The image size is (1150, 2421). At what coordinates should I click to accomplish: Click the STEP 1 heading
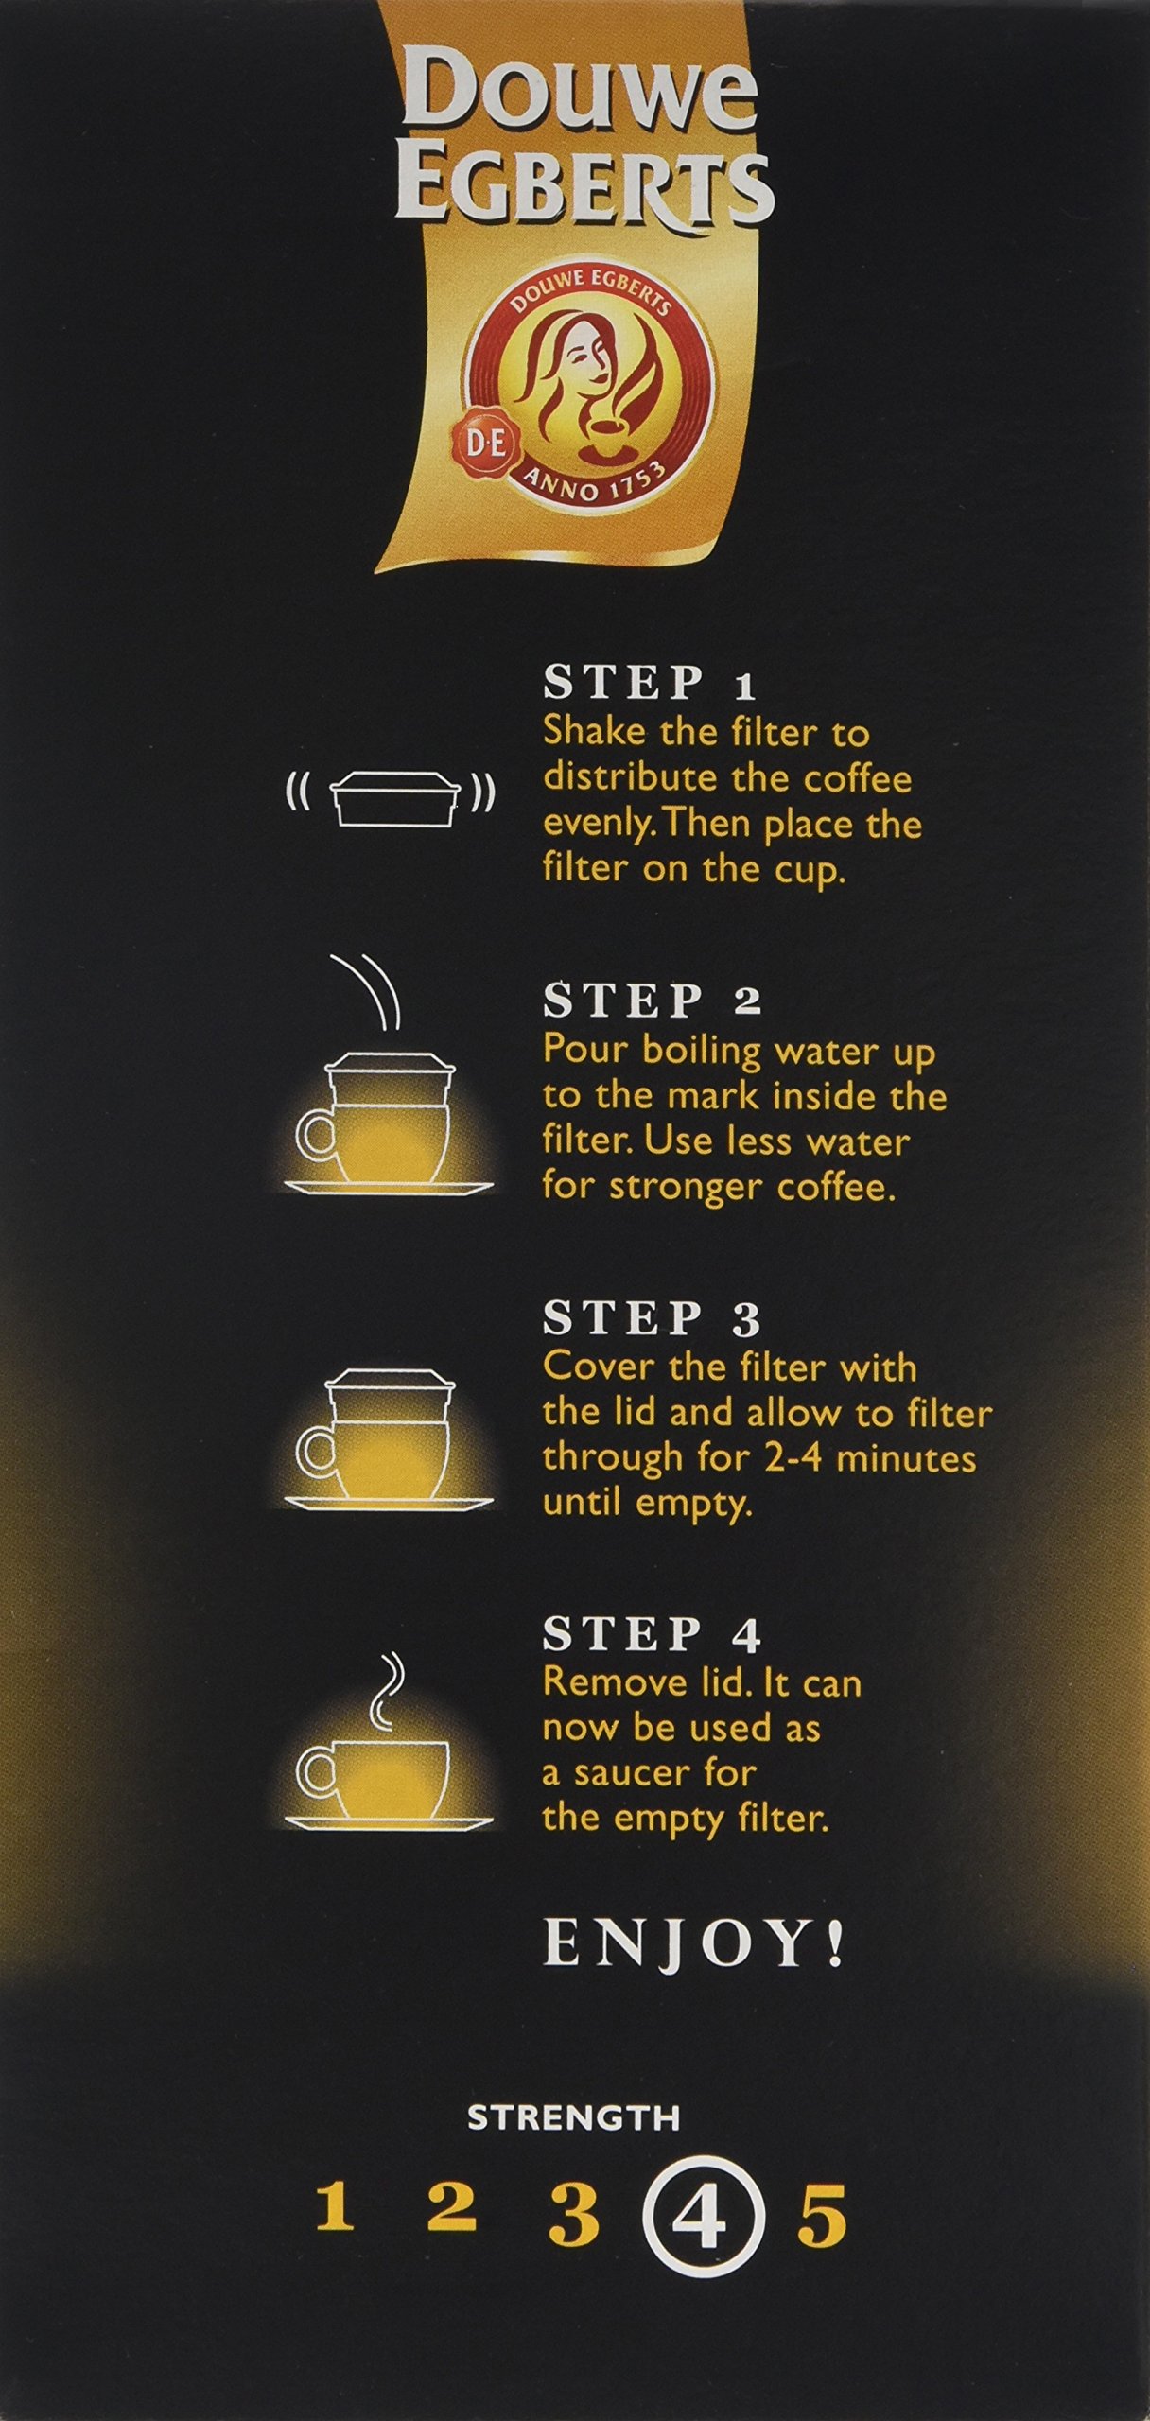tap(650, 684)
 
